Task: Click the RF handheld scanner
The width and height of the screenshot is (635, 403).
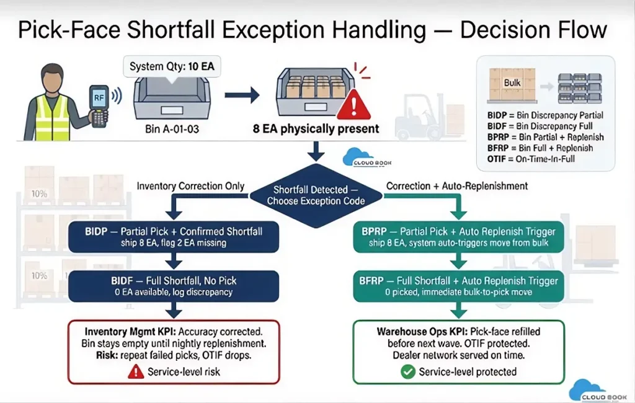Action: tap(99, 106)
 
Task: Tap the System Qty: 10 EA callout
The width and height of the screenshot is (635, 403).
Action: tap(172, 66)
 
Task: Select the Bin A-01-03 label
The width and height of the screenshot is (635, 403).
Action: tap(172, 129)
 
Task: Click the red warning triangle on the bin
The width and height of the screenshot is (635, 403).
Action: tap(353, 105)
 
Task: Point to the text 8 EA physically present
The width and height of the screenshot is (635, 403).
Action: tap(316, 129)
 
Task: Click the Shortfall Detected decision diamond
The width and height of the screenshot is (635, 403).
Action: tap(316, 196)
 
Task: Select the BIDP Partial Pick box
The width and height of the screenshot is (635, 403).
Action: tap(174, 237)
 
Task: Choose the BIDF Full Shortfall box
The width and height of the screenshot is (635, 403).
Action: tap(174, 286)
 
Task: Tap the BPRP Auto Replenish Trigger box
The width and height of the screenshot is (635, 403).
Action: tap(458, 237)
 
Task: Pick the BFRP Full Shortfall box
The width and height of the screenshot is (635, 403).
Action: tap(458, 286)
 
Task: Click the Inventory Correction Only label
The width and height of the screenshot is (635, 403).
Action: tap(190, 186)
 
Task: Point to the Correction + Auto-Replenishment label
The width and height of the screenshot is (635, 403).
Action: tap(457, 186)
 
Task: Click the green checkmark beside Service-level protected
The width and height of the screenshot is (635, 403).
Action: tap(408, 372)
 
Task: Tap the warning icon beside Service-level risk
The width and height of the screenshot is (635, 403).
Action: tap(136, 372)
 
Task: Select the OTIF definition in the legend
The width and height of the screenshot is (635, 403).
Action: tap(531, 159)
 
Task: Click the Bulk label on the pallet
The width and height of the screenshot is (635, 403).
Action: tap(512, 82)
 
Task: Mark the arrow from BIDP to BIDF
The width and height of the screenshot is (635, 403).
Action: tap(174, 261)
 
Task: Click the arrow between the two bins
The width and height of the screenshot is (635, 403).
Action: tap(242, 95)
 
